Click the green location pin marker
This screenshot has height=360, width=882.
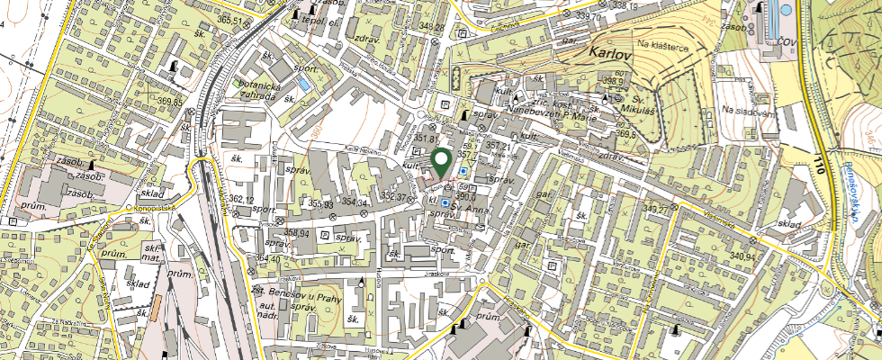(441, 162)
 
